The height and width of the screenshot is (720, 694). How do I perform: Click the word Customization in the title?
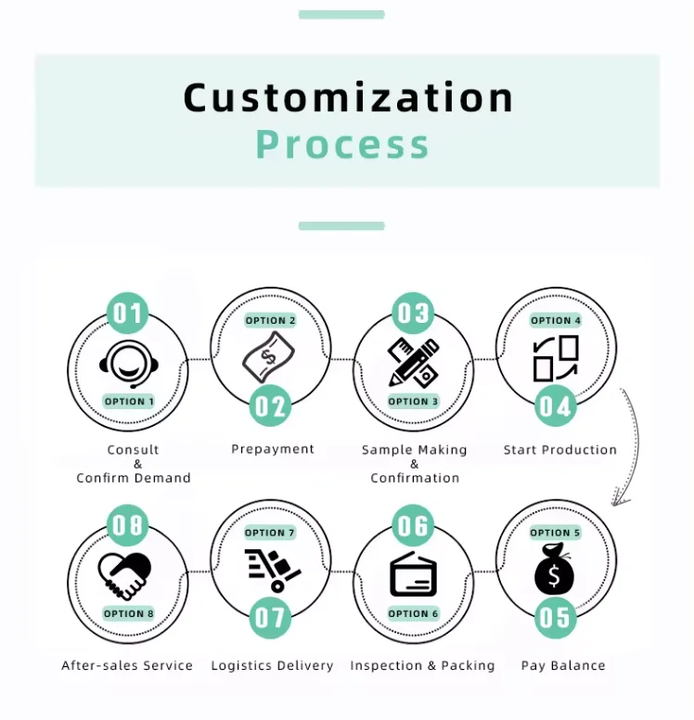348,98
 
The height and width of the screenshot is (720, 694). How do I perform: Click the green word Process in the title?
342,145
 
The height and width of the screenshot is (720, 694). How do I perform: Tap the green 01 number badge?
128,314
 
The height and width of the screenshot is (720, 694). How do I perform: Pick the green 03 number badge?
413,314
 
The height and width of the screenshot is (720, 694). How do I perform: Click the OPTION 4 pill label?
556,320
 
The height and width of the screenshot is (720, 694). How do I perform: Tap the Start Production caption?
559,450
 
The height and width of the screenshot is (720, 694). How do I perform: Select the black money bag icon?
555,571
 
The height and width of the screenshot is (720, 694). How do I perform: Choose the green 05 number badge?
555,617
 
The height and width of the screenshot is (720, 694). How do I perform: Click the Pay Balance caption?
563,665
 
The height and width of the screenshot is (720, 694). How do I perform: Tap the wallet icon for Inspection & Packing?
414,574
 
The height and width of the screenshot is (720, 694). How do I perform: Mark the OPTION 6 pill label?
413,613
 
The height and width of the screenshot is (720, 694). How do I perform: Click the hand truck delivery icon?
272,569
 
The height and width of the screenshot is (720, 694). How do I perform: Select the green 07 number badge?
271,617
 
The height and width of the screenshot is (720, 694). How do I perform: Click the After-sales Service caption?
127,665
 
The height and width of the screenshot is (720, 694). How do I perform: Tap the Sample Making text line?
414,450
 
